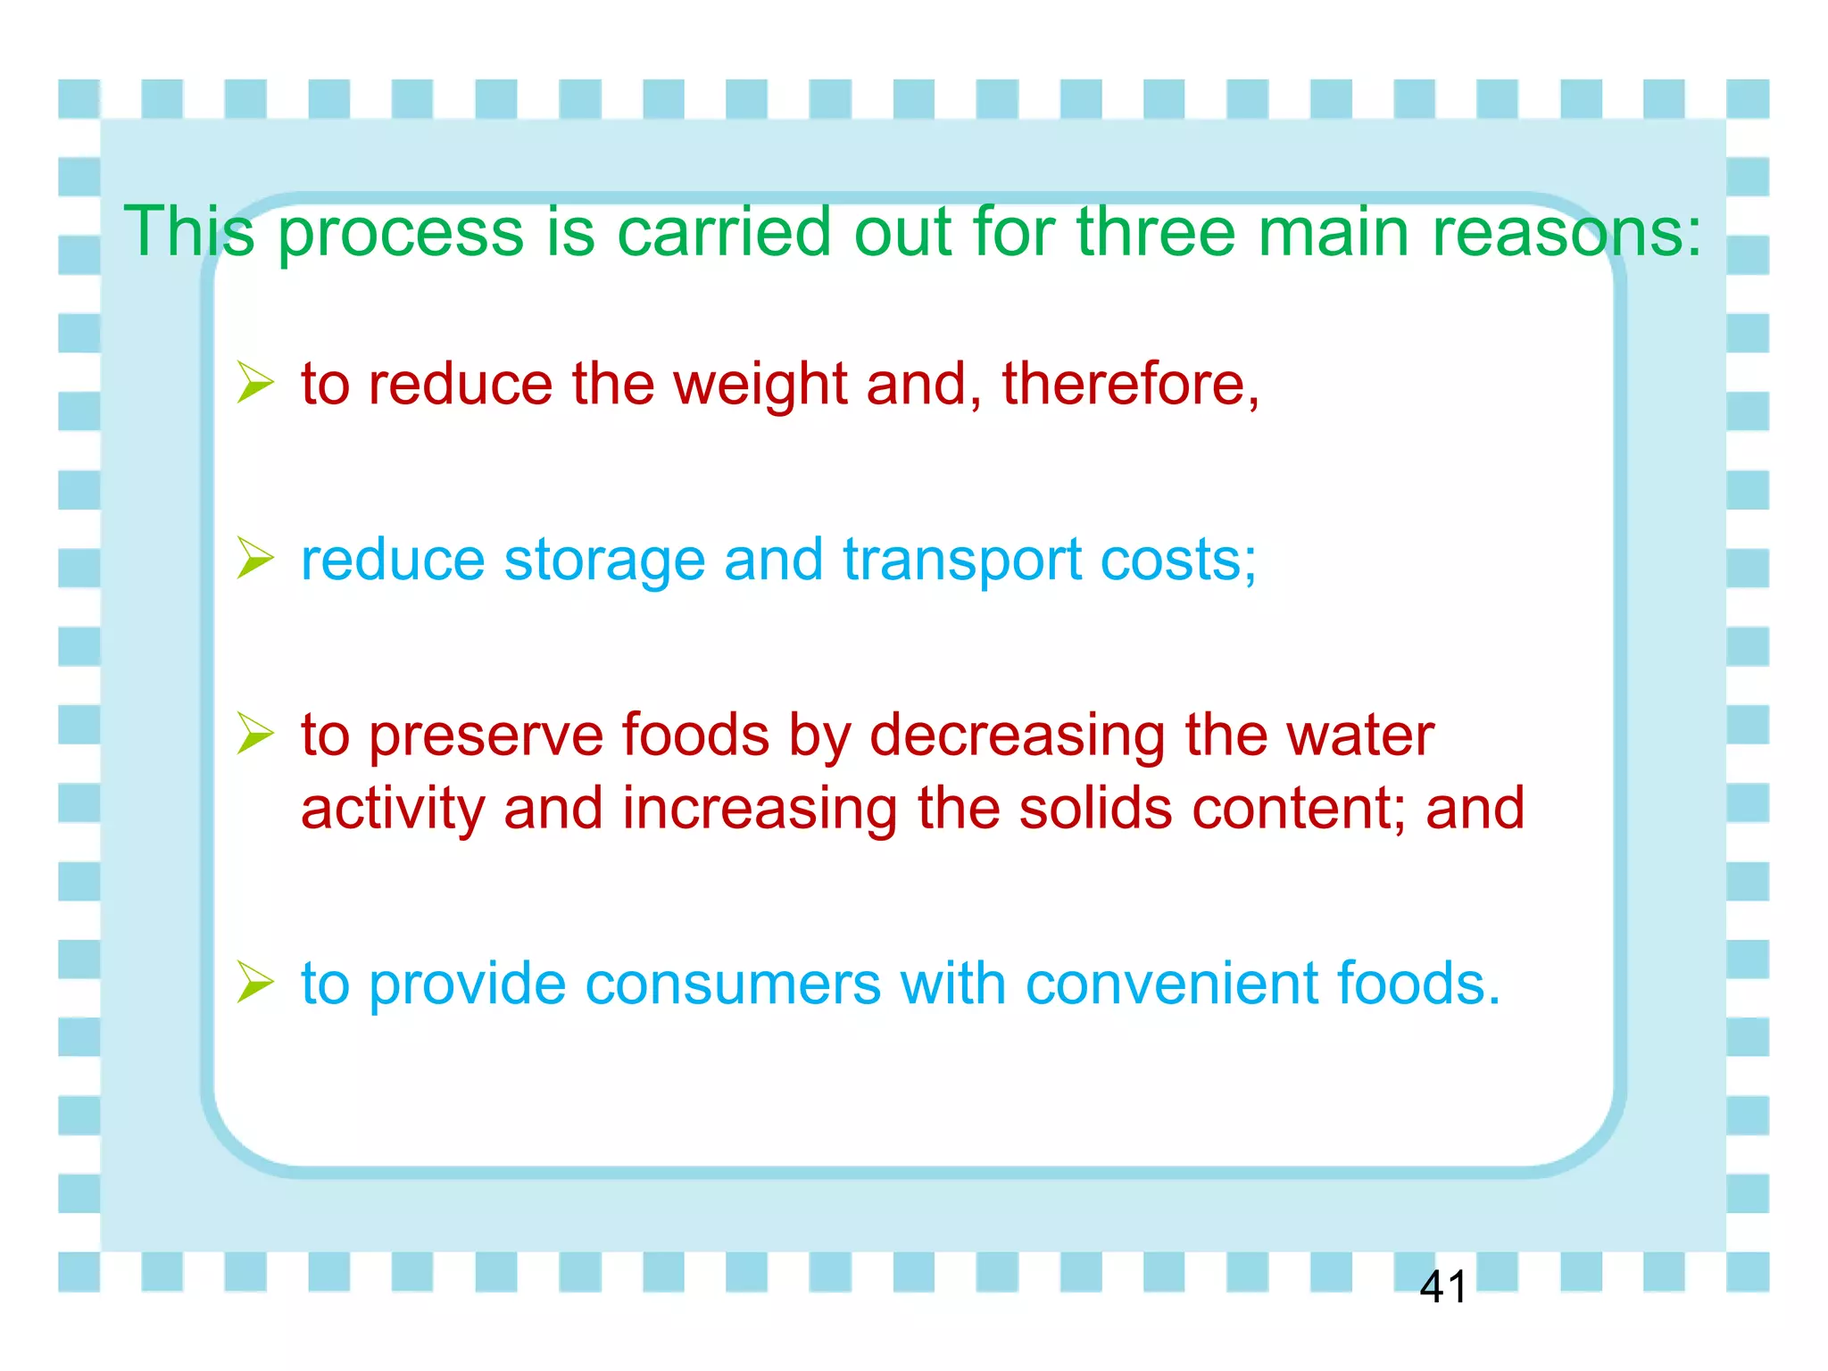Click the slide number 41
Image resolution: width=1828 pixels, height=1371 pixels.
click(1442, 1287)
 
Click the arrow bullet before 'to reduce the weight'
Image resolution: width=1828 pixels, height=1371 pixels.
click(255, 384)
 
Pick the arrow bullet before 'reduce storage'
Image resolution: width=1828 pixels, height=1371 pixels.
click(255, 560)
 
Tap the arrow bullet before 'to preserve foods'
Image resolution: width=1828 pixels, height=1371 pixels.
click(255, 735)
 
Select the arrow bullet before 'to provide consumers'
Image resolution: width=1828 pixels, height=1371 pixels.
click(255, 983)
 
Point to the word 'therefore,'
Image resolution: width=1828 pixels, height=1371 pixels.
click(1130, 384)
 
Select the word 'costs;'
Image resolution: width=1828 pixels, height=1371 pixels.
click(1178, 561)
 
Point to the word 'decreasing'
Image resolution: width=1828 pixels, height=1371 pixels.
click(1017, 737)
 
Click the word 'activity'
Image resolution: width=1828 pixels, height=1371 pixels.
click(392, 810)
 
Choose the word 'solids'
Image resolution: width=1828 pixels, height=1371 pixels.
click(1095, 808)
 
